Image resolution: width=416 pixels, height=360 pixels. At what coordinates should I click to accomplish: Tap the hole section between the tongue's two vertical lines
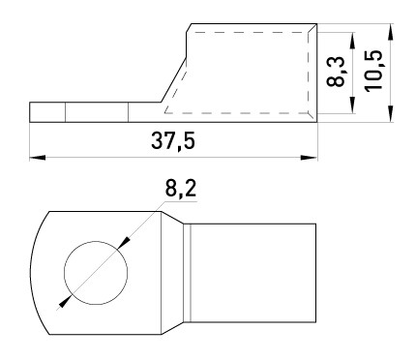point(96,112)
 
